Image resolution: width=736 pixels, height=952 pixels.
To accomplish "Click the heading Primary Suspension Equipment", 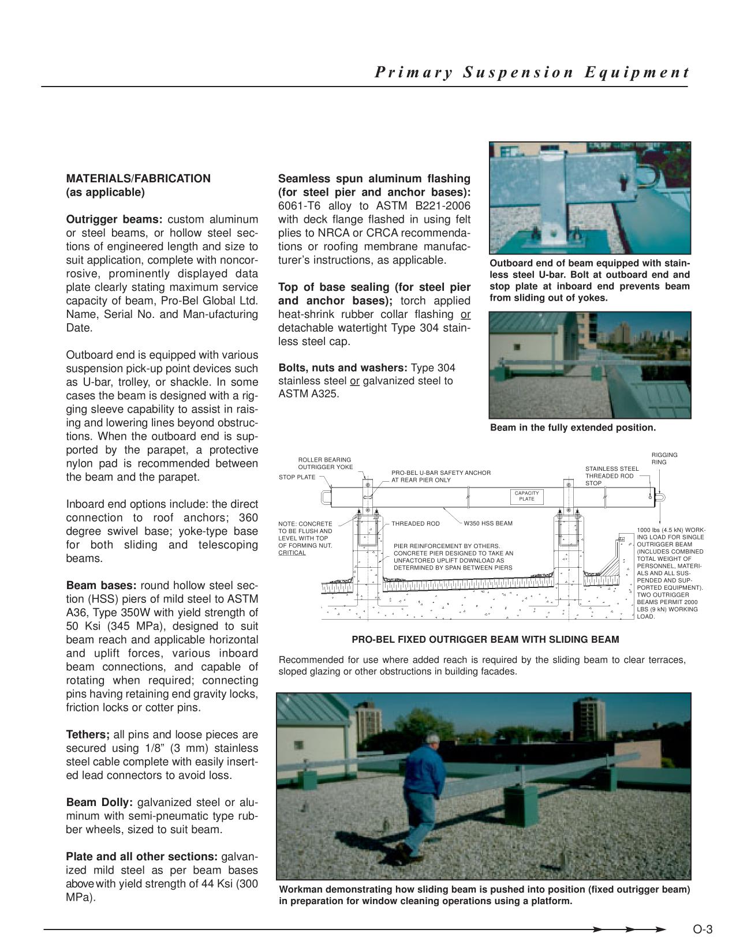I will [x=532, y=73].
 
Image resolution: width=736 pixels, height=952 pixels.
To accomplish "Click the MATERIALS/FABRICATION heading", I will [x=139, y=179].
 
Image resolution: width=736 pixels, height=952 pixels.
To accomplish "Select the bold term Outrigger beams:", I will [x=115, y=220].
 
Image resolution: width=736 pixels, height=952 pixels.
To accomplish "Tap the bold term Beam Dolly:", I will [x=100, y=803].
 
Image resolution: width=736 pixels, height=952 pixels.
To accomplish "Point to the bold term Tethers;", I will [x=88, y=734].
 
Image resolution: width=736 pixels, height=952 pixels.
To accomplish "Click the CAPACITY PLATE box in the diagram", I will [x=526, y=496].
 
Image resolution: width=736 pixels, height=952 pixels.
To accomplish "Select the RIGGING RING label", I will [x=664, y=459].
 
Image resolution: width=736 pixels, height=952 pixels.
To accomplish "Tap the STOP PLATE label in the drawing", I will [x=297, y=477].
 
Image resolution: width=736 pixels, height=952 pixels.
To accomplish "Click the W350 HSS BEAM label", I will [x=488, y=523].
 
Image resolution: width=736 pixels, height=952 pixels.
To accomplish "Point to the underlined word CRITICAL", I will [x=292, y=553].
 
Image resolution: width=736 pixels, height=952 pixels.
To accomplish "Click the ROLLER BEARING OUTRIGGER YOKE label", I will [x=325, y=463].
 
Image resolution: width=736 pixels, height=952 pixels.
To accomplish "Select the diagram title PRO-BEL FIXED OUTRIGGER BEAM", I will [x=485, y=639].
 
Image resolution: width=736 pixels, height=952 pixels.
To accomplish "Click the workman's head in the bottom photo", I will [x=433, y=740].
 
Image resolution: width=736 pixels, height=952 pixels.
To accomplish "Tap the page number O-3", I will [x=703, y=929].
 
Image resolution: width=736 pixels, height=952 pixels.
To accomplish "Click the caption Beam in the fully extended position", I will [x=573, y=428].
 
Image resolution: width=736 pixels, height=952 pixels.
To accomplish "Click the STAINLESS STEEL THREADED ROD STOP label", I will [x=612, y=476].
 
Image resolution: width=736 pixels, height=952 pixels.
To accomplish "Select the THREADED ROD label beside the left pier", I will [x=415, y=523].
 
